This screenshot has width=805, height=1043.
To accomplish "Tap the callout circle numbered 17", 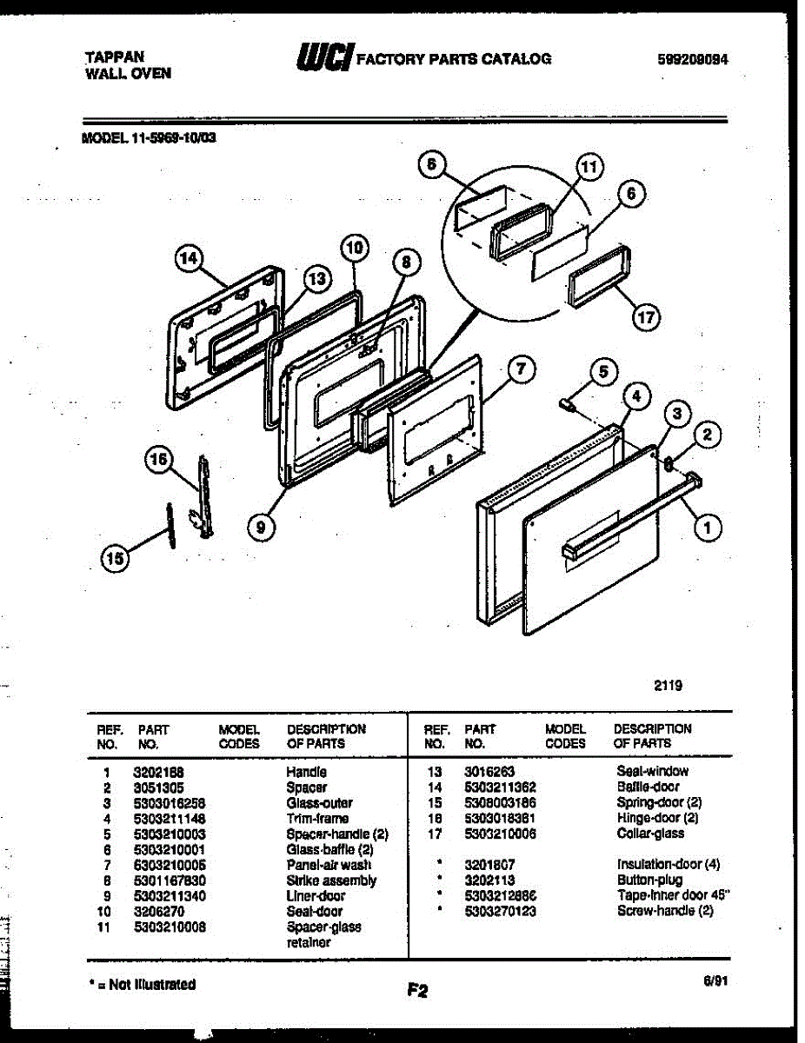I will click(644, 317).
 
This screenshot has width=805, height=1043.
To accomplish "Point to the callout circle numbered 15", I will click(114, 559).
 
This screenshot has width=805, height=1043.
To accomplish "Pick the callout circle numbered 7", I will click(519, 369).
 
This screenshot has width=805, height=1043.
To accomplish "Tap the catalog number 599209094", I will click(693, 60).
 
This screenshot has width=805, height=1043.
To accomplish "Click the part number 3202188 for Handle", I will click(158, 772).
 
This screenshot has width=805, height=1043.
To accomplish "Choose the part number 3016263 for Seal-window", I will click(489, 772).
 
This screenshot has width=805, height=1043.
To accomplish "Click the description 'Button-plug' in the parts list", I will click(650, 880).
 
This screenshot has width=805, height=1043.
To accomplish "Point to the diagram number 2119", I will click(668, 685).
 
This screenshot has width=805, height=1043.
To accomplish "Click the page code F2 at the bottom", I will click(417, 990).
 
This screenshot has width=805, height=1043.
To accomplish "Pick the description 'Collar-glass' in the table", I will click(650, 834).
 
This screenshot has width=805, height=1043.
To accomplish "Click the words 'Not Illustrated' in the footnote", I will click(152, 985).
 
